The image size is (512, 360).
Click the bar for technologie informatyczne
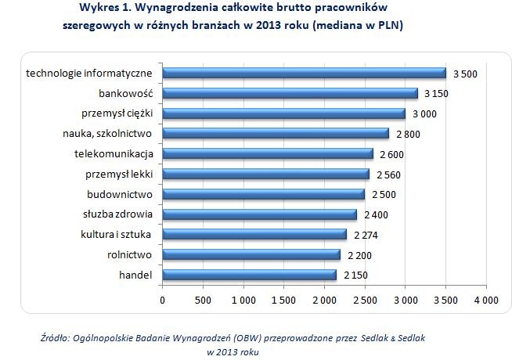click(x=304, y=73)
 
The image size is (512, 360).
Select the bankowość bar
click(x=290, y=93)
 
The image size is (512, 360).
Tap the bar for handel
click(x=249, y=275)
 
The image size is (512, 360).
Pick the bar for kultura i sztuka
click(x=254, y=234)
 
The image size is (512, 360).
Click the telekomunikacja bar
click(x=268, y=153)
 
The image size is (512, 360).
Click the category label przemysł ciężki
click(x=118, y=113)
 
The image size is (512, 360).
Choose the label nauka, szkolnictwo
click(x=106, y=133)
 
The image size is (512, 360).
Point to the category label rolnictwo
click(x=129, y=254)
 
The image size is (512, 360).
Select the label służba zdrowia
click(x=117, y=214)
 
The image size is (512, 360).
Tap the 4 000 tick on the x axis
click(x=485, y=301)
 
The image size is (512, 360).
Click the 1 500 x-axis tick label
click(x=283, y=301)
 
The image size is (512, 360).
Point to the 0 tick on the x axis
click(x=162, y=301)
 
